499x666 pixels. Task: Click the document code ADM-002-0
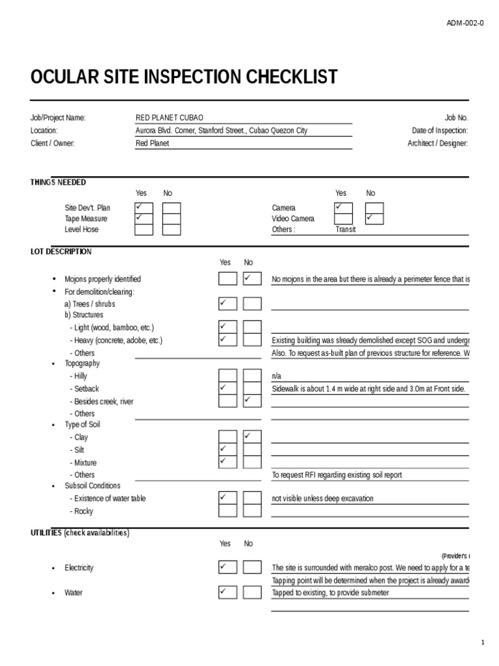[465, 23]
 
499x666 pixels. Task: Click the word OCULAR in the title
[61, 77]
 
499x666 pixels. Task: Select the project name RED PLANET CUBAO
[169, 118]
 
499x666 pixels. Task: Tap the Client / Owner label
[53, 143]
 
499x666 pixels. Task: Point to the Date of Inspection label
[440, 131]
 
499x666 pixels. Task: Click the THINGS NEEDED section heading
[58, 182]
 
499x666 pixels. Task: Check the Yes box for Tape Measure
[144, 219]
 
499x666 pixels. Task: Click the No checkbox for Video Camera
[374, 219]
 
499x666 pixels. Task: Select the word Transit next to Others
[346, 230]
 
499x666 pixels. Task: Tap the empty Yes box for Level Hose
[144, 229]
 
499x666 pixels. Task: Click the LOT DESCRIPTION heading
[61, 252]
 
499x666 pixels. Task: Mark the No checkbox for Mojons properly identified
[252, 279]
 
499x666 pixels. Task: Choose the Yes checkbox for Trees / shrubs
[227, 304]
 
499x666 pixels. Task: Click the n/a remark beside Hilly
[277, 376]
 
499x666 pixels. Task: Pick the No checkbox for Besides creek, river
[252, 401]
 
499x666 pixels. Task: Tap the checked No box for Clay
[252, 437]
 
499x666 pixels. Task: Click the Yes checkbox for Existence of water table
[227, 498]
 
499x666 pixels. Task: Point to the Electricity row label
[79, 568]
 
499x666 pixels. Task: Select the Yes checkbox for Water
[227, 593]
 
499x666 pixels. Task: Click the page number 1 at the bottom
[483, 643]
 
